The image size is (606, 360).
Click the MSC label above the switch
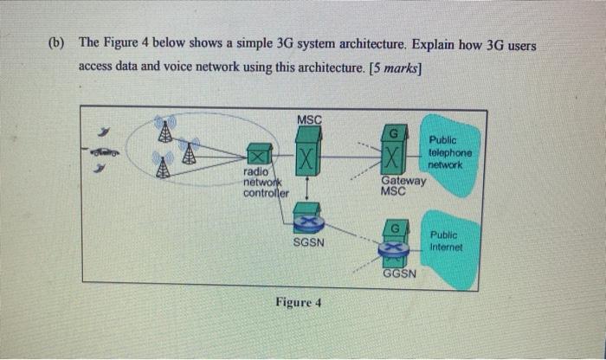pyautogui.click(x=308, y=119)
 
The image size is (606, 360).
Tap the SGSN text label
pyautogui.click(x=309, y=243)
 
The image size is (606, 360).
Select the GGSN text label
pyautogui.click(x=399, y=273)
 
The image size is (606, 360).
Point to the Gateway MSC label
pyautogui.click(x=403, y=186)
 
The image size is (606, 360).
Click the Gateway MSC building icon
pyautogui.click(x=396, y=152)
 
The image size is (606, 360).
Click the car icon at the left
pyautogui.click(x=104, y=152)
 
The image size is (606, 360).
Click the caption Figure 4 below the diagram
pyautogui.click(x=298, y=302)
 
